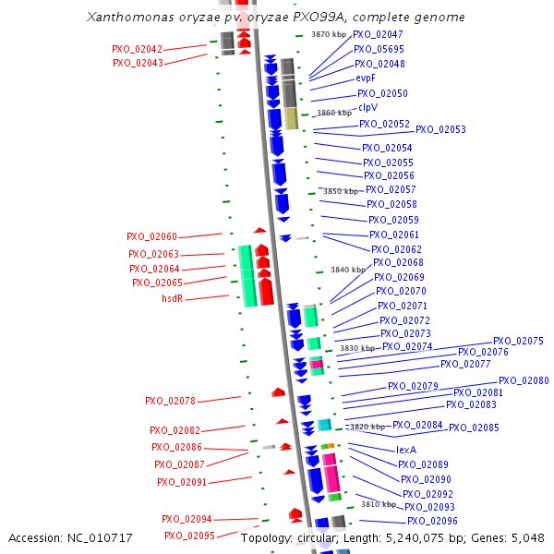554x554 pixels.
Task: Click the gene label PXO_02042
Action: point(137,50)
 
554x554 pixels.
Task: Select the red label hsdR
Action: point(174,298)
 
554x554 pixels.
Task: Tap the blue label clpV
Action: point(367,107)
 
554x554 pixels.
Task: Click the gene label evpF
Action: point(366,78)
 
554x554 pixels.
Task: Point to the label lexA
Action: point(406,450)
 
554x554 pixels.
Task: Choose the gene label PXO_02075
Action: point(518,341)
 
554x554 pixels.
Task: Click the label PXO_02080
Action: point(524,380)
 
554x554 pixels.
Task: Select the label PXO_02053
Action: point(440,130)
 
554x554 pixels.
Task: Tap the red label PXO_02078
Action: point(170,402)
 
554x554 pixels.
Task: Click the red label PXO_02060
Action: point(152,237)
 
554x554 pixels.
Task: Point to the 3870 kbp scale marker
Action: point(329,34)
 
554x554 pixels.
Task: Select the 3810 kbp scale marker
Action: point(378,504)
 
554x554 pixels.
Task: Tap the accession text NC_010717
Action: point(70,537)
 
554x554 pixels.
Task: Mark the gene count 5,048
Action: point(526,537)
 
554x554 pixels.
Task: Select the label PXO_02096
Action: point(432,521)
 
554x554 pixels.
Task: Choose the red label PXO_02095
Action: point(189,536)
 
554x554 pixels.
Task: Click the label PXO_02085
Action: point(474,428)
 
